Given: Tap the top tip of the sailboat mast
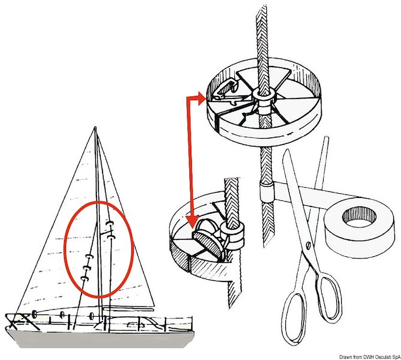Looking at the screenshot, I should (x=95, y=128).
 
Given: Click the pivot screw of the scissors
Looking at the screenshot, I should (x=307, y=244).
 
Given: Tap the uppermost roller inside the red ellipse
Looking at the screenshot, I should (x=110, y=224).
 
